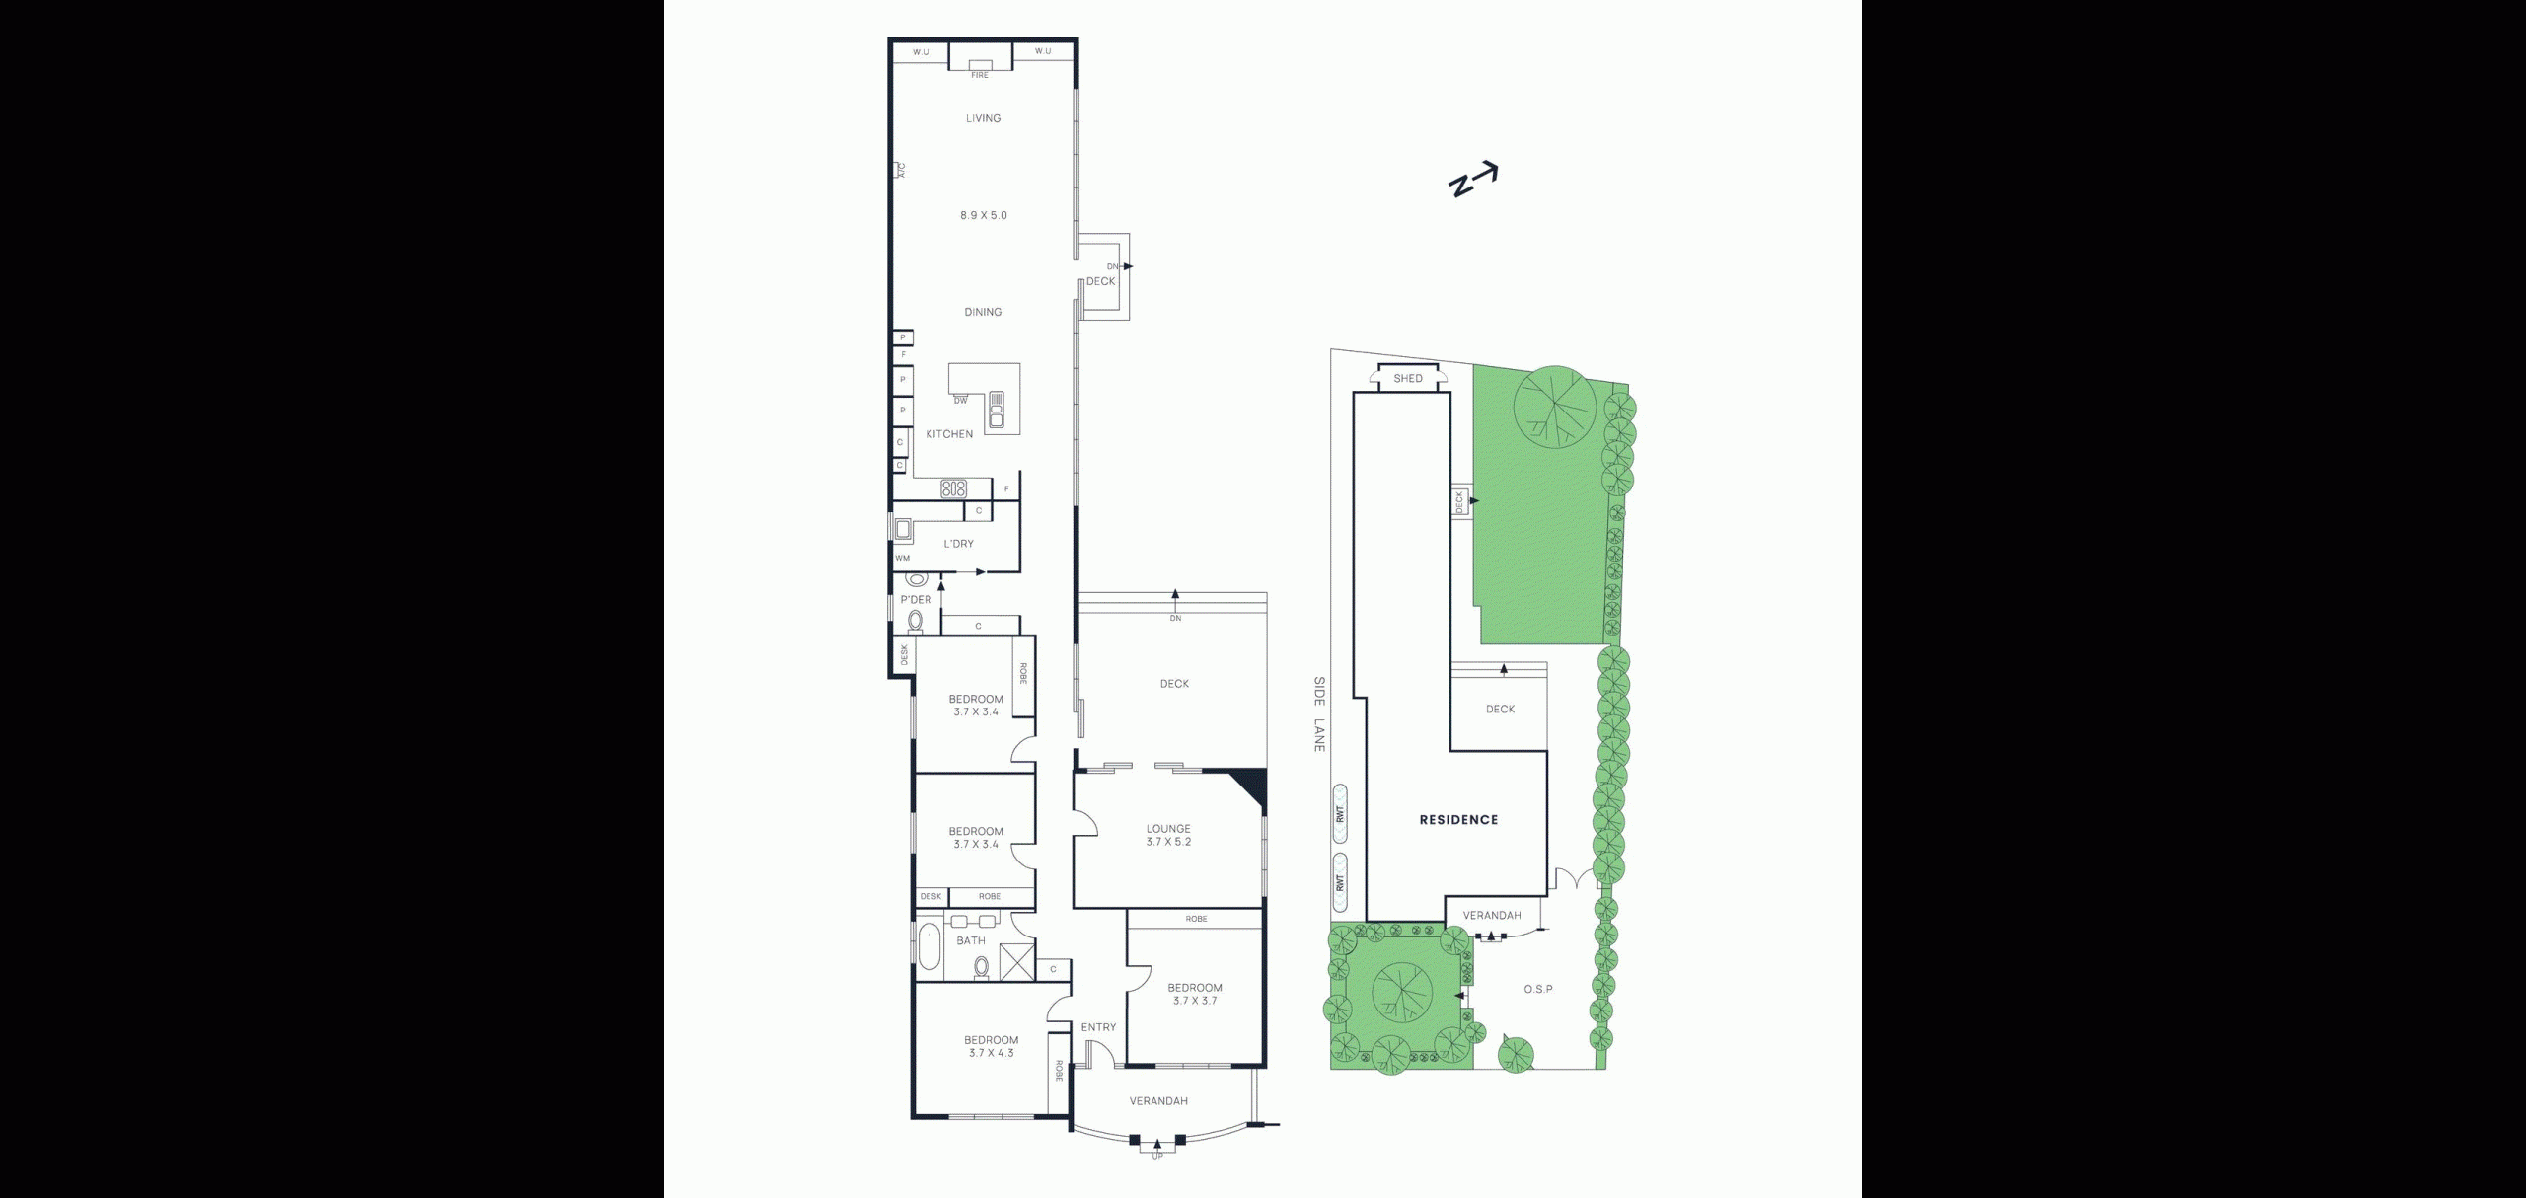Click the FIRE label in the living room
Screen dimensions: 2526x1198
click(x=980, y=75)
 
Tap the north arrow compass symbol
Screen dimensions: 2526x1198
click(x=1473, y=181)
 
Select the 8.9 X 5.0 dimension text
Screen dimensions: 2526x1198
click(x=984, y=215)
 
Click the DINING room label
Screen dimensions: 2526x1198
click(x=983, y=312)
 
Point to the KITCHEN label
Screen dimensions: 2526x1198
click(x=949, y=434)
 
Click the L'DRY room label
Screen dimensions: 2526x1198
click(x=958, y=544)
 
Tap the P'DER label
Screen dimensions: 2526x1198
click(x=916, y=600)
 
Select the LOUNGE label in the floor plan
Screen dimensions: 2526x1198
click(x=1168, y=829)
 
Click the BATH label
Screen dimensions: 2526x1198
click(x=971, y=940)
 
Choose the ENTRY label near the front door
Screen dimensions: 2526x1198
click(x=1098, y=1027)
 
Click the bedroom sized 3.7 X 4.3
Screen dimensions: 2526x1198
click(x=992, y=1046)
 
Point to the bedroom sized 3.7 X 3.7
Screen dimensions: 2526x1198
click(x=1195, y=994)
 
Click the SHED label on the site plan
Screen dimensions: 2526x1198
click(x=1408, y=379)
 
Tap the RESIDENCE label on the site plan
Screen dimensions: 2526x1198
click(x=1458, y=820)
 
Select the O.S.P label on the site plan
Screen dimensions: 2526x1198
click(x=1538, y=989)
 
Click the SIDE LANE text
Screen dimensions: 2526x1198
click(x=1318, y=714)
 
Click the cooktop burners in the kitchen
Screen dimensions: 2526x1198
click(x=953, y=488)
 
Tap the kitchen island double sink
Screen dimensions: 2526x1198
click(x=996, y=410)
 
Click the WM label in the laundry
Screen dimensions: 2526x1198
click(x=902, y=559)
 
